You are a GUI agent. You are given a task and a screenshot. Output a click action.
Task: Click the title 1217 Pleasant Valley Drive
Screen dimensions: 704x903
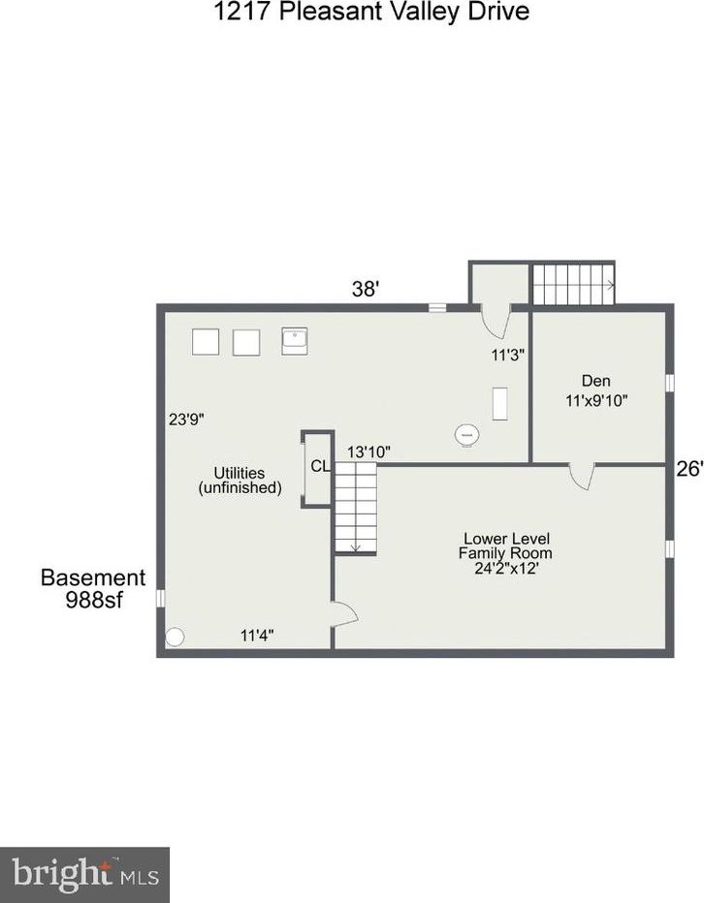click(x=371, y=11)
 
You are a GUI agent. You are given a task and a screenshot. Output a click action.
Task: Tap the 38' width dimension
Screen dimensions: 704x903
click(x=365, y=289)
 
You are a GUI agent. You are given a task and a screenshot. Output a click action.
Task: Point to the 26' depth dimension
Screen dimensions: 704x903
click(x=689, y=469)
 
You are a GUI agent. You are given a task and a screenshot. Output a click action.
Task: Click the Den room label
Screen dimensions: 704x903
click(x=596, y=381)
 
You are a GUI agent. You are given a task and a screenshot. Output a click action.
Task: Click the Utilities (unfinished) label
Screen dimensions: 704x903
click(x=240, y=481)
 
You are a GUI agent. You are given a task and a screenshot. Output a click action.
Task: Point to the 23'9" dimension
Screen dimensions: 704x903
click(x=186, y=420)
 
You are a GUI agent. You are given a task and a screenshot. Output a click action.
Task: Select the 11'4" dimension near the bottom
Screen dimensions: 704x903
click(x=257, y=636)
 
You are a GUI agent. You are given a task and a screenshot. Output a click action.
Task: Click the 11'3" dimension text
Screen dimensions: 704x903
click(x=508, y=355)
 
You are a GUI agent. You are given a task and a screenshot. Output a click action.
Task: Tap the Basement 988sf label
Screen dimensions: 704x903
click(x=93, y=588)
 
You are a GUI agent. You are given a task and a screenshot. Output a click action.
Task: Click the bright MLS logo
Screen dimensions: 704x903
click(x=84, y=875)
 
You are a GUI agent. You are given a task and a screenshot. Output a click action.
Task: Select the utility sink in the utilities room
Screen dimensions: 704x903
click(x=295, y=341)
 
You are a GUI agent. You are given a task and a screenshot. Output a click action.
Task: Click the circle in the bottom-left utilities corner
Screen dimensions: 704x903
click(x=175, y=637)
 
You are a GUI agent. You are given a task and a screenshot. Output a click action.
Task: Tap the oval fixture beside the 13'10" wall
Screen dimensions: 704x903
click(x=467, y=435)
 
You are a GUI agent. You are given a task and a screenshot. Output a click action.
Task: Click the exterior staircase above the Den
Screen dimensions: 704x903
click(x=573, y=284)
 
